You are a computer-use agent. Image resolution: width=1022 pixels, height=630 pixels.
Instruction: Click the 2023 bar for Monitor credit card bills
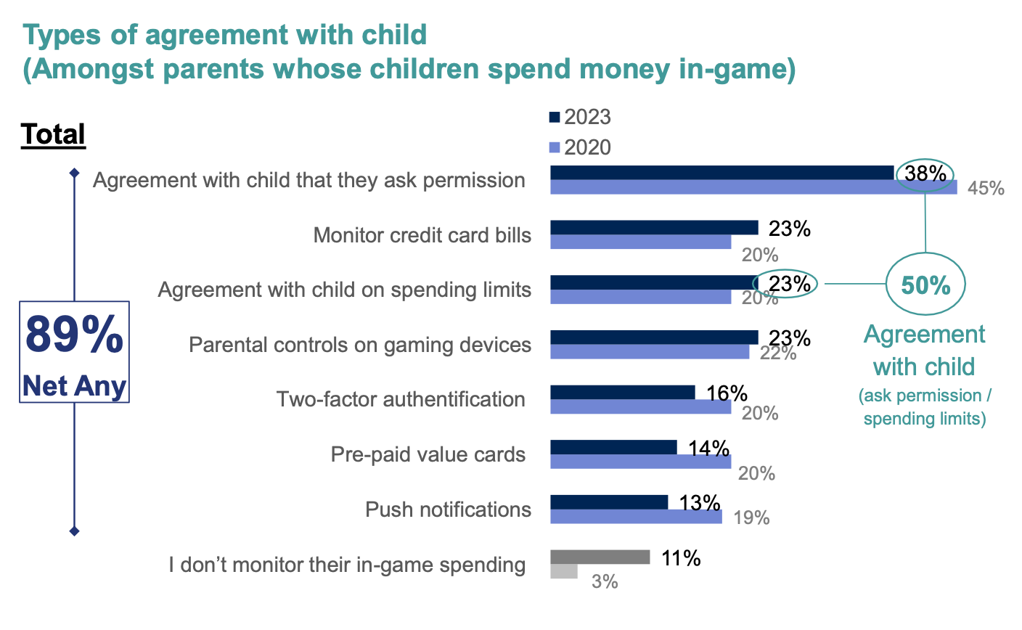pyautogui.click(x=654, y=228)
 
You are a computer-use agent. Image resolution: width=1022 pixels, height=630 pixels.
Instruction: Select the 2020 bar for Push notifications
pyautogui.click(x=636, y=517)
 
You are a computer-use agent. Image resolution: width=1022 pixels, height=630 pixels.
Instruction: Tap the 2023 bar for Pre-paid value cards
pyautogui.click(x=613, y=447)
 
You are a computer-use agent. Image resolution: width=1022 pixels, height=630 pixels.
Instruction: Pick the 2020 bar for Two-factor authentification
pyautogui.click(x=640, y=407)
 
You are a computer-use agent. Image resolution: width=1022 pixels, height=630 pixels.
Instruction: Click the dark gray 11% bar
pyautogui.click(x=600, y=557)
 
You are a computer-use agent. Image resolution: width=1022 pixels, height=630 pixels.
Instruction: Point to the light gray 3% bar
pyautogui.click(x=564, y=572)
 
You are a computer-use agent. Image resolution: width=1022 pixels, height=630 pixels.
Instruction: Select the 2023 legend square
pyautogui.click(x=555, y=117)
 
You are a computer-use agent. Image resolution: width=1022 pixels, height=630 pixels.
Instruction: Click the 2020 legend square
pyautogui.click(x=555, y=147)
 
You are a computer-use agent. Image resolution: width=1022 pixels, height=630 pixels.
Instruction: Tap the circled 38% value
pyautogui.click(x=925, y=174)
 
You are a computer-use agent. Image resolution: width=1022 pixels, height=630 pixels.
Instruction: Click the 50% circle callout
pyautogui.click(x=925, y=285)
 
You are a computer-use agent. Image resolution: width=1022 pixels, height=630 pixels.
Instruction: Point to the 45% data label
pyautogui.click(x=986, y=189)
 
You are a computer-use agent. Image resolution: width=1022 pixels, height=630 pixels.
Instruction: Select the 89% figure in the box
pyautogui.click(x=74, y=335)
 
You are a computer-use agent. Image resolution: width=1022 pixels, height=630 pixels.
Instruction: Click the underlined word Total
pyautogui.click(x=54, y=134)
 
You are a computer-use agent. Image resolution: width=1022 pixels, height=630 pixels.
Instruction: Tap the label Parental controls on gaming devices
pyautogui.click(x=360, y=345)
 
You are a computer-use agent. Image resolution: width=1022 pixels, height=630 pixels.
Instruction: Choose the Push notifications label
pyautogui.click(x=448, y=510)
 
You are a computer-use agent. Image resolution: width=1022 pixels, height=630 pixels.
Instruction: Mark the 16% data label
pyautogui.click(x=727, y=393)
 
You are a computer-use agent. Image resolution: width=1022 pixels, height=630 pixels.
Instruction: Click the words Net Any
pyautogui.click(x=74, y=386)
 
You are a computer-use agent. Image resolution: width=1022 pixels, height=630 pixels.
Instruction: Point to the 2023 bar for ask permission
pyautogui.click(x=721, y=173)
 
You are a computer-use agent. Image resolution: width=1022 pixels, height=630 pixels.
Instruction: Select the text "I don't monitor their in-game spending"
pyautogui.click(x=347, y=565)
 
